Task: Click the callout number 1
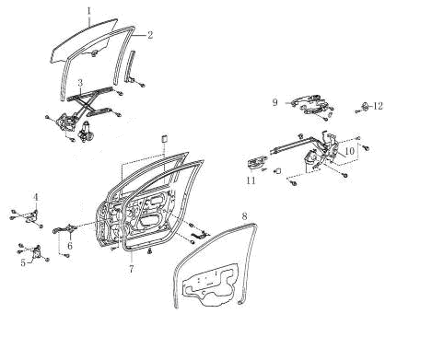(88, 11)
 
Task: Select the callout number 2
(150, 35)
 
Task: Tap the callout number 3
(80, 83)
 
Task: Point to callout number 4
(36, 197)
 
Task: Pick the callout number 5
(23, 263)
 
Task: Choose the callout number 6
(70, 246)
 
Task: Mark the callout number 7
(132, 269)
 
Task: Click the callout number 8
(244, 216)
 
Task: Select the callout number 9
(275, 102)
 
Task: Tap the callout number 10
(350, 151)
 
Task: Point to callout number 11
(251, 180)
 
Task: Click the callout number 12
(379, 106)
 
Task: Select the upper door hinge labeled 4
(32, 216)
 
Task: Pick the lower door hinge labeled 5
(38, 252)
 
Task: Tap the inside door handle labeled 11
(254, 163)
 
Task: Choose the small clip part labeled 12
(366, 106)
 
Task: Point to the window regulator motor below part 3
(84, 131)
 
